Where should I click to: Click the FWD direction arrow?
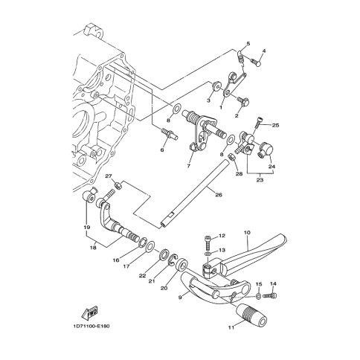click(89, 312)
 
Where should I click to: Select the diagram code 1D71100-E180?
click(91, 326)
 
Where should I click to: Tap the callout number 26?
click(219, 195)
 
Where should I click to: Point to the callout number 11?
click(231, 327)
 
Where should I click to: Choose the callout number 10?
click(247, 233)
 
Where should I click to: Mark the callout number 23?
click(260, 180)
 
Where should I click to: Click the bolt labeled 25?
click(258, 122)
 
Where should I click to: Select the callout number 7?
click(189, 166)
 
